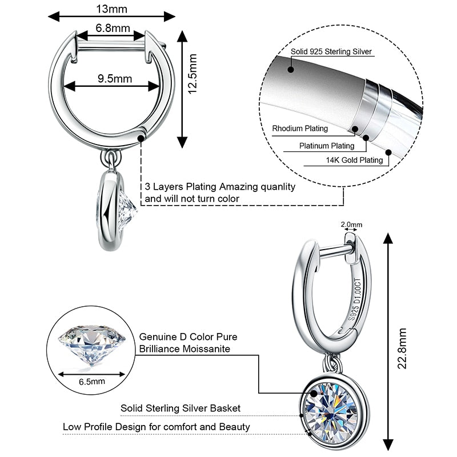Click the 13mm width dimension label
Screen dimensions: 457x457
111,8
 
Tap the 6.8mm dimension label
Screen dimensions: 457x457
113,28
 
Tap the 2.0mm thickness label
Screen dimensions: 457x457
351,225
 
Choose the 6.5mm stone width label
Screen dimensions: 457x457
92,380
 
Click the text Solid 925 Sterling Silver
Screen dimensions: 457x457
331,52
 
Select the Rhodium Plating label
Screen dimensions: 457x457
300,129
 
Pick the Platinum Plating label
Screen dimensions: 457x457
327,146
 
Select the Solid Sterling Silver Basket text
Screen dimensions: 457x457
180,408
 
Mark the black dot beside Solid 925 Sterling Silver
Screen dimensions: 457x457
291,70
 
